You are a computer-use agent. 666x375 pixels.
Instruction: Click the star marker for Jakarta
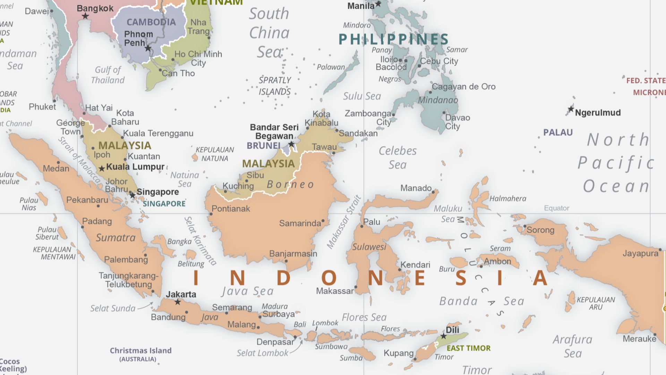click(178, 302)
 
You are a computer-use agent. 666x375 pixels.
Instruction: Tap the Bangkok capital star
click(85, 16)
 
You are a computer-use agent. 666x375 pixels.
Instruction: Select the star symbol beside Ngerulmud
click(571, 109)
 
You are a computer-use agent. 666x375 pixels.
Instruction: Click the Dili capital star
click(443, 336)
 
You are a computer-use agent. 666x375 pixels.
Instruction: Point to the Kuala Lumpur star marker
click(102, 169)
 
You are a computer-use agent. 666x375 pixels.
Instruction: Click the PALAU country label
click(558, 132)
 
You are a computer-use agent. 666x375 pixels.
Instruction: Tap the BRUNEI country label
click(264, 145)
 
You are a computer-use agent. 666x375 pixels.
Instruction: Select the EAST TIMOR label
click(469, 348)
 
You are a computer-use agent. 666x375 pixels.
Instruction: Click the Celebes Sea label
click(398, 158)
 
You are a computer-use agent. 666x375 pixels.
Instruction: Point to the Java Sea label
click(248, 291)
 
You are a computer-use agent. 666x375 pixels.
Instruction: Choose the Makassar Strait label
click(344, 222)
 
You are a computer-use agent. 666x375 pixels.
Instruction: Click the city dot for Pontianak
click(211, 214)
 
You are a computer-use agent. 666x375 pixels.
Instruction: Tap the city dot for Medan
click(58, 162)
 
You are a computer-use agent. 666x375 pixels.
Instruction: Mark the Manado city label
click(416, 188)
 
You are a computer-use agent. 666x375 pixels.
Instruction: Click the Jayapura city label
click(640, 253)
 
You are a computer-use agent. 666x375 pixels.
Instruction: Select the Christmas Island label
click(140, 351)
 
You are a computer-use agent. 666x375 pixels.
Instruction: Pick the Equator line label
click(556, 208)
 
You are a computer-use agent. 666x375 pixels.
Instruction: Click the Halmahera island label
click(507, 199)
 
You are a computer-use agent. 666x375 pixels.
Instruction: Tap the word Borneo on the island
click(290, 184)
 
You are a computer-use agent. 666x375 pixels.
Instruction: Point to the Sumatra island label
click(116, 237)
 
